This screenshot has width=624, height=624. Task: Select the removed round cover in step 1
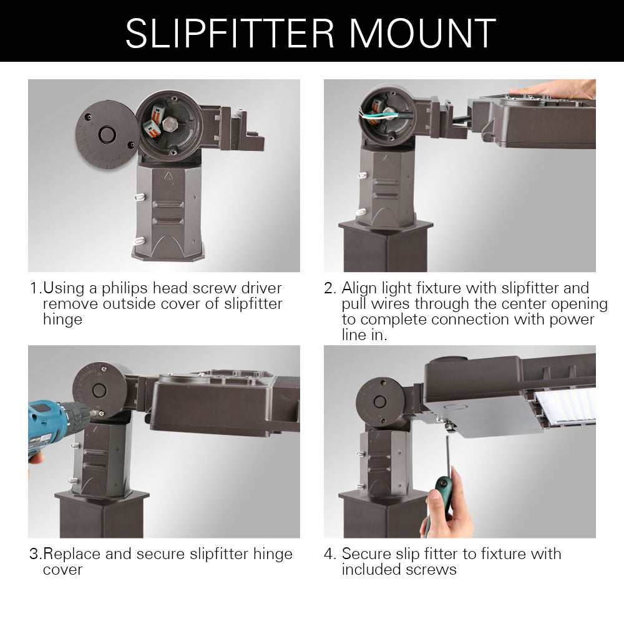(x=107, y=135)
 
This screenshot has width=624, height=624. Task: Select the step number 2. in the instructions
(x=330, y=288)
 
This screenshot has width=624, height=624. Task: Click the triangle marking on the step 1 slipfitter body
(x=167, y=177)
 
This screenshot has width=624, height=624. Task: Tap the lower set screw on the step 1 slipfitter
(x=139, y=240)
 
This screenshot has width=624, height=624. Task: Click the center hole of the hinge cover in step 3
(x=99, y=391)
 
